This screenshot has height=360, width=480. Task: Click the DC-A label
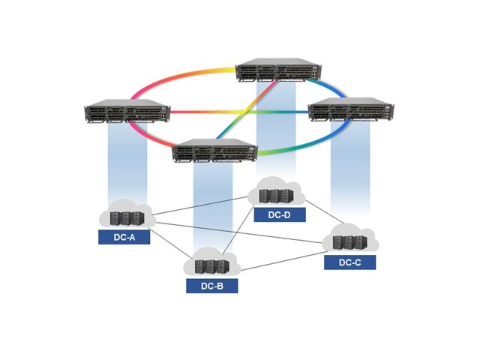(124, 237)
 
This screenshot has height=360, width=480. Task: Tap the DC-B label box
(211, 285)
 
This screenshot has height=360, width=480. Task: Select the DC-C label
(349, 262)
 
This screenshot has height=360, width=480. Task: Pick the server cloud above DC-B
(211, 263)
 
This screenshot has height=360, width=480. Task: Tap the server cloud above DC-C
(349, 241)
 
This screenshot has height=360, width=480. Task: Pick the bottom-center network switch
(215, 152)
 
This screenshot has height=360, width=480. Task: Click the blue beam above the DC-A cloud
(127, 161)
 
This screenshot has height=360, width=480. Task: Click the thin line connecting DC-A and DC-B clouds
(169, 241)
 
